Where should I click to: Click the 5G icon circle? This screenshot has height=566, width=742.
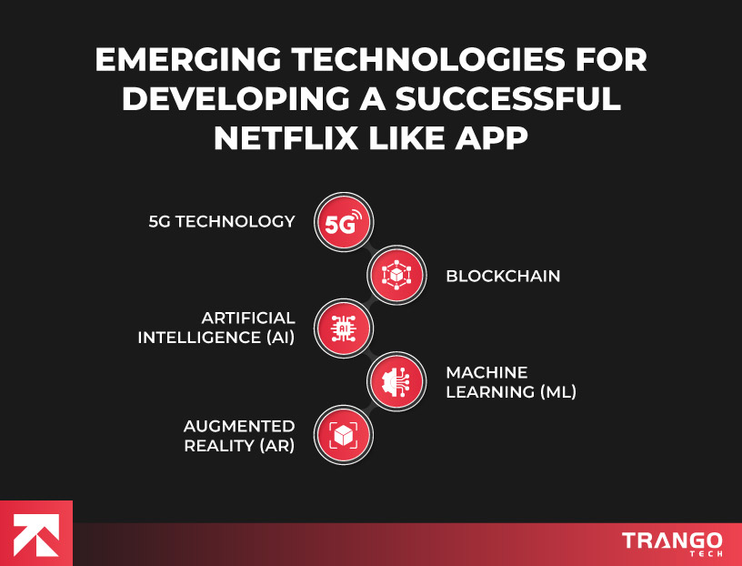pyautogui.click(x=344, y=222)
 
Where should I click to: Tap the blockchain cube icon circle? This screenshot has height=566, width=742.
pyautogui.click(x=396, y=275)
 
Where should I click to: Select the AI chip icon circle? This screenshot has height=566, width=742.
pyautogui.click(x=344, y=328)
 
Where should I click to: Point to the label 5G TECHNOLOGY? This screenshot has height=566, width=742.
pyautogui.click(x=222, y=221)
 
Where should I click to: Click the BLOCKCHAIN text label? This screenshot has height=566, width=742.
pyautogui.click(x=503, y=275)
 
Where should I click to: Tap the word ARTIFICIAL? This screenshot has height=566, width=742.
pyautogui.click(x=248, y=318)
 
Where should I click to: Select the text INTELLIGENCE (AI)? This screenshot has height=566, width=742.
pyautogui.click(x=216, y=338)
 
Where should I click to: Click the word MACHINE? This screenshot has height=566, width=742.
pyautogui.click(x=486, y=372)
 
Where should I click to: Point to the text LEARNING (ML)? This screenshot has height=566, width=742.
pyautogui.click(x=511, y=392)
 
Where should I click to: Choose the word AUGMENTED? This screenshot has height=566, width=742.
pyautogui.click(x=239, y=425)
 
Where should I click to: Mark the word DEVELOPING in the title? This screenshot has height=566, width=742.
pyautogui.click(x=236, y=98)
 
